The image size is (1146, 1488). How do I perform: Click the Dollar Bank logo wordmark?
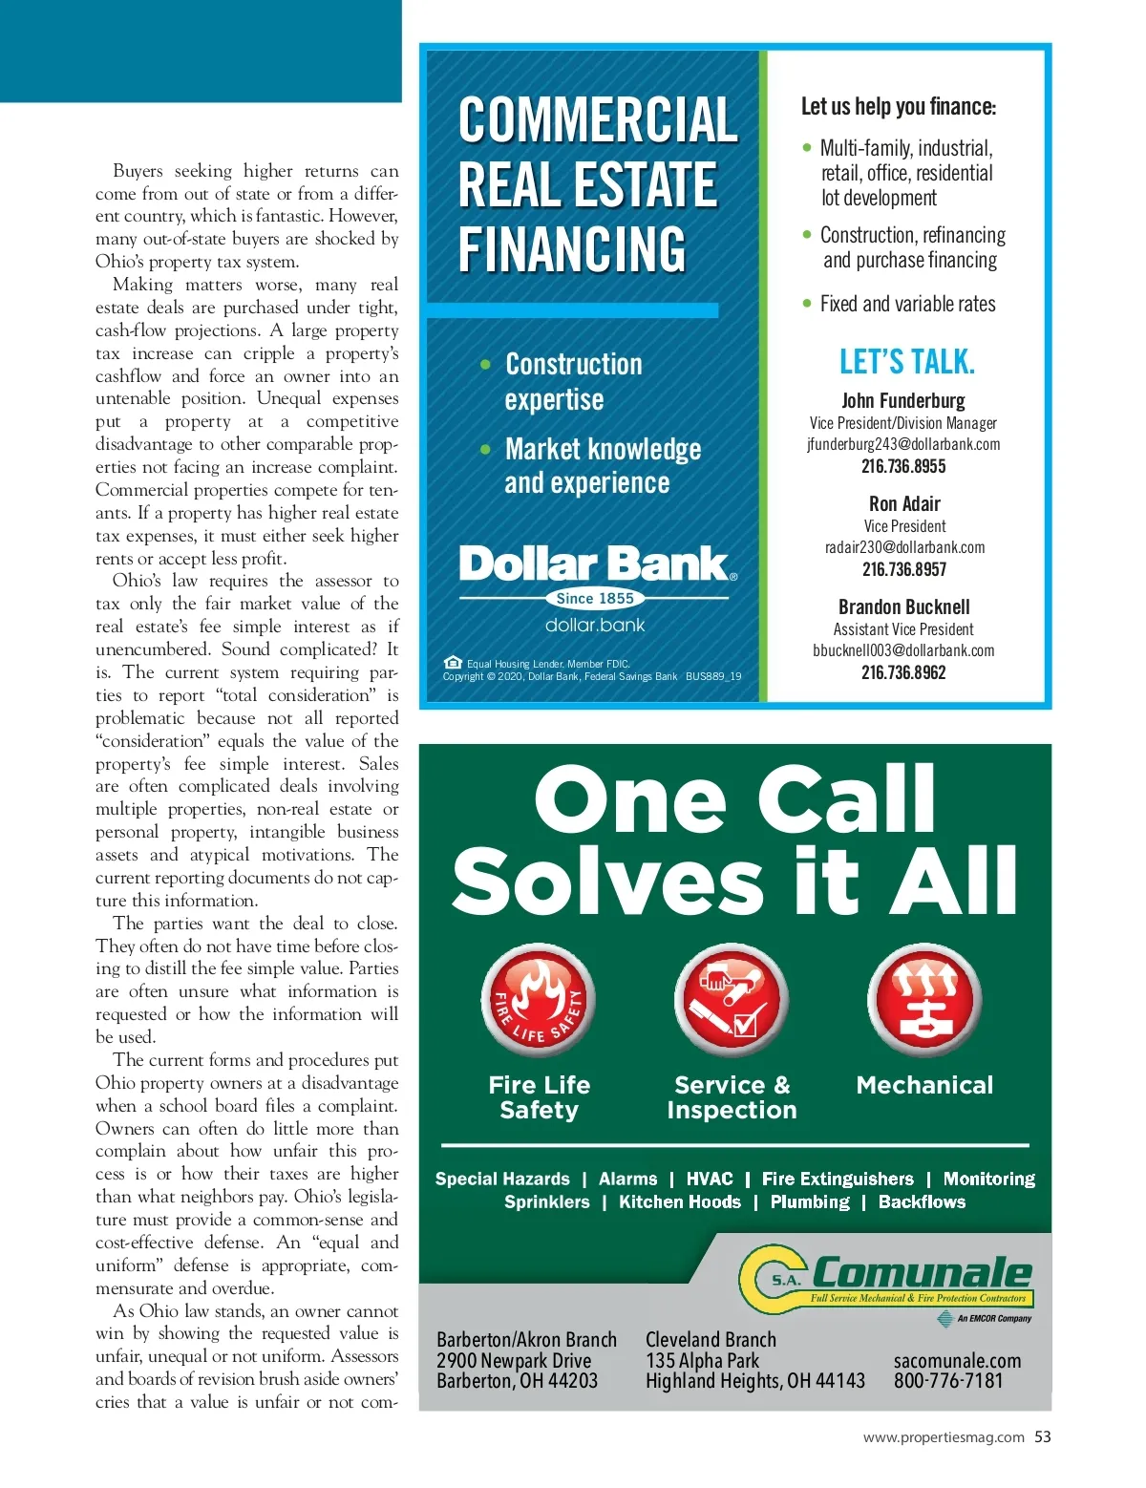point(594,564)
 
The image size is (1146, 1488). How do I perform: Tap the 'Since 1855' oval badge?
point(595,599)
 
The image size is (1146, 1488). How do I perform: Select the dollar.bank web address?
point(595,626)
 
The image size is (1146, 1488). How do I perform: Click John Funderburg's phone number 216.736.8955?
point(903,467)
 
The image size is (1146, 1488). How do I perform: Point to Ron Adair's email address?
point(904,547)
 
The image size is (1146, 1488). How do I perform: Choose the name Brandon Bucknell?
point(903,607)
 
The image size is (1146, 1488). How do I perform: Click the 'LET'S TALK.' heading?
point(907,363)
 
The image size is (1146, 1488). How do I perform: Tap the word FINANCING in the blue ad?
point(572,249)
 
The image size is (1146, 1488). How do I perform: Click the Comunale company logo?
point(887,1276)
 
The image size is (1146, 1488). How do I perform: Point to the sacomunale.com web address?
point(957,1361)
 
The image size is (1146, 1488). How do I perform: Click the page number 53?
point(1043,1437)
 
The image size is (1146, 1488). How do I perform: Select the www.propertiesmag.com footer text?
point(944,1437)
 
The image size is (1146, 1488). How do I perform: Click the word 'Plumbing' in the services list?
point(810,1202)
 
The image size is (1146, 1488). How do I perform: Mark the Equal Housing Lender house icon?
point(453,663)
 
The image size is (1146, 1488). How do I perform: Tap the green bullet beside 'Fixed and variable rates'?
point(807,304)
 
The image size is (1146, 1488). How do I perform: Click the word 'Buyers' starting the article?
point(138,172)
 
